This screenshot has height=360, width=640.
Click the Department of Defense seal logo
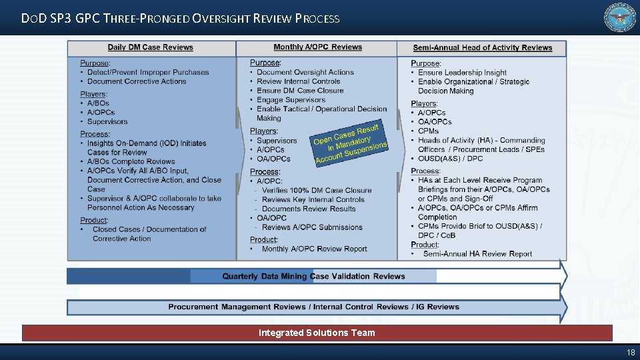(620, 17)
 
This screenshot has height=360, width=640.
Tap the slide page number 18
(631, 353)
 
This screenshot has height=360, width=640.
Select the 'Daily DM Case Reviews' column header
(151, 47)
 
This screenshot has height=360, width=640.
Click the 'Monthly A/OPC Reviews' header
(318, 47)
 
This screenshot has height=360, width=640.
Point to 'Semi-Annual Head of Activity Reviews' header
(483, 48)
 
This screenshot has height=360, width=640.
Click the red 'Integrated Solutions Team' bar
(317, 333)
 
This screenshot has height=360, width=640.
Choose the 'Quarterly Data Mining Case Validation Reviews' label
(313, 276)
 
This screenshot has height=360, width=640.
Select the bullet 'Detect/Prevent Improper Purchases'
(148, 72)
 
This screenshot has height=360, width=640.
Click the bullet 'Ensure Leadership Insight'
(463, 73)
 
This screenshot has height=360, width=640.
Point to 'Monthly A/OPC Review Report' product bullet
(315, 249)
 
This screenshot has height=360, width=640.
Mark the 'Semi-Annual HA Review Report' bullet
(477, 253)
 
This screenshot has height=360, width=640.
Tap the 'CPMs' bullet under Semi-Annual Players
(429, 131)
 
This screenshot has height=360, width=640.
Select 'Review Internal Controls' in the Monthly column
(299, 81)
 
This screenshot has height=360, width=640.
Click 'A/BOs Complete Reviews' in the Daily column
(131, 161)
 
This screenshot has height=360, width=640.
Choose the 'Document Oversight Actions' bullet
(305, 72)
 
